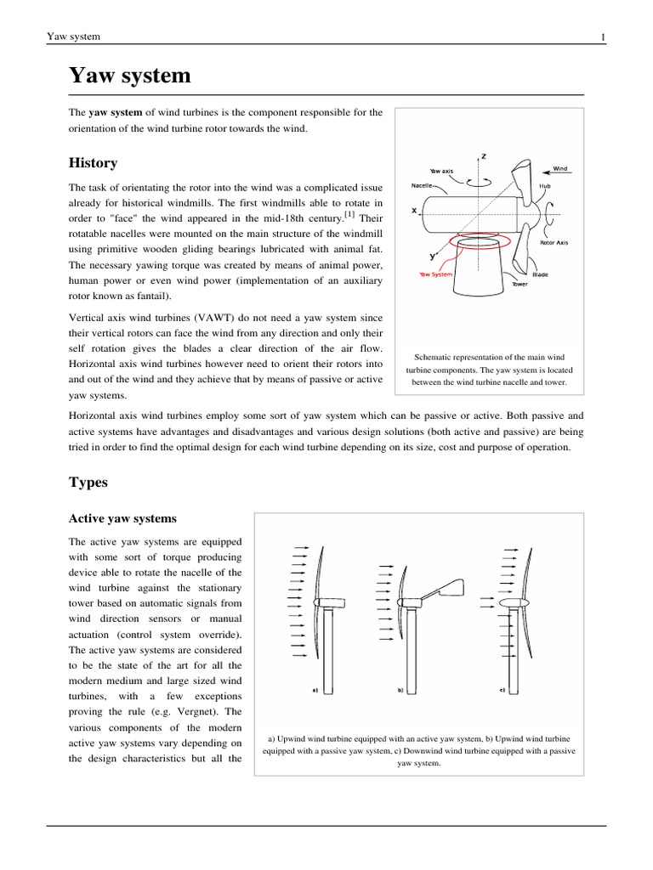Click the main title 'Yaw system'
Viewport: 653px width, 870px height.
pyautogui.click(x=129, y=76)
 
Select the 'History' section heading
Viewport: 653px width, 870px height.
pyautogui.click(x=93, y=163)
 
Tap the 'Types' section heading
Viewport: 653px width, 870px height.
pyautogui.click(x=88, y=482)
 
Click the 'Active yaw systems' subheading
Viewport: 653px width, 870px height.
pyautogui.click(x=122, y=518)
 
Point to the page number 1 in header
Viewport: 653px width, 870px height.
pyautogui.click(x=603, y=37)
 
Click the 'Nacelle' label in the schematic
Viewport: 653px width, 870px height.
pyautogui.click(x=423, y=184)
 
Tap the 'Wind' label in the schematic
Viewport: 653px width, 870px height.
pyautogui.click(x=559, y=169)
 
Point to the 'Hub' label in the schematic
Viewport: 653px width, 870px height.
pyautogui.click(x=544, y=185)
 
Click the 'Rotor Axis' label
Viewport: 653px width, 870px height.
pyautogui.click(x=554, y=242)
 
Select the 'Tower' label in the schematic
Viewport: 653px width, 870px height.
pyautogui.click(x=520, y=284)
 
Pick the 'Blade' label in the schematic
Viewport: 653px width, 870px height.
pyautogui.click(x=540, y=274)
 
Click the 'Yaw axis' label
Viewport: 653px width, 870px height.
pyautogui.click(x=441, y=171)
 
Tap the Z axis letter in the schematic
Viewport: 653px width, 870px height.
pyautogui.click(x=484, y=156)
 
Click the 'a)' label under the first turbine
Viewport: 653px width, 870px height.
pyautogui.click(x=315, y=691)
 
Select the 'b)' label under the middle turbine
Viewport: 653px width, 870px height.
pyautogui.click(x=400, y=691)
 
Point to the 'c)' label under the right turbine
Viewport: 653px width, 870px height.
pyautogui.click(x=502, y=691)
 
